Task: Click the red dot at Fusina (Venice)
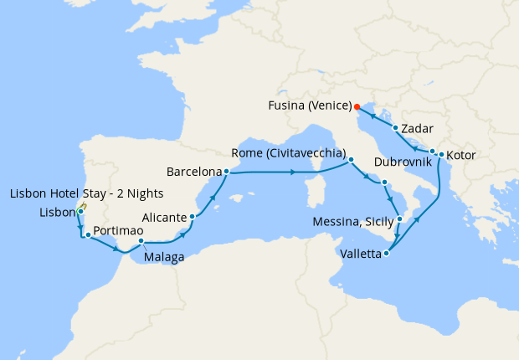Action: (357, 106)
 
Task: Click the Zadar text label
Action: (416, 129)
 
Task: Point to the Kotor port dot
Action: (441, 155)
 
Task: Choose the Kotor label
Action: (464, 156)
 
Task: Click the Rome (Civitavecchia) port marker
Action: (352, 159)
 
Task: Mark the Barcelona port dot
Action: (227, 172)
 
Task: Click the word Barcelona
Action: (195, 172)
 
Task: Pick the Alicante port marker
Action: (193, 217)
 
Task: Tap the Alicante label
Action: (164, 217)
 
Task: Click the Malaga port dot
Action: (141, 242)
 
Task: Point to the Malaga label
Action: (164, 258)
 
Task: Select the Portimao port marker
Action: (88, 235)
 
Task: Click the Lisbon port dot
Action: (80, 213)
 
